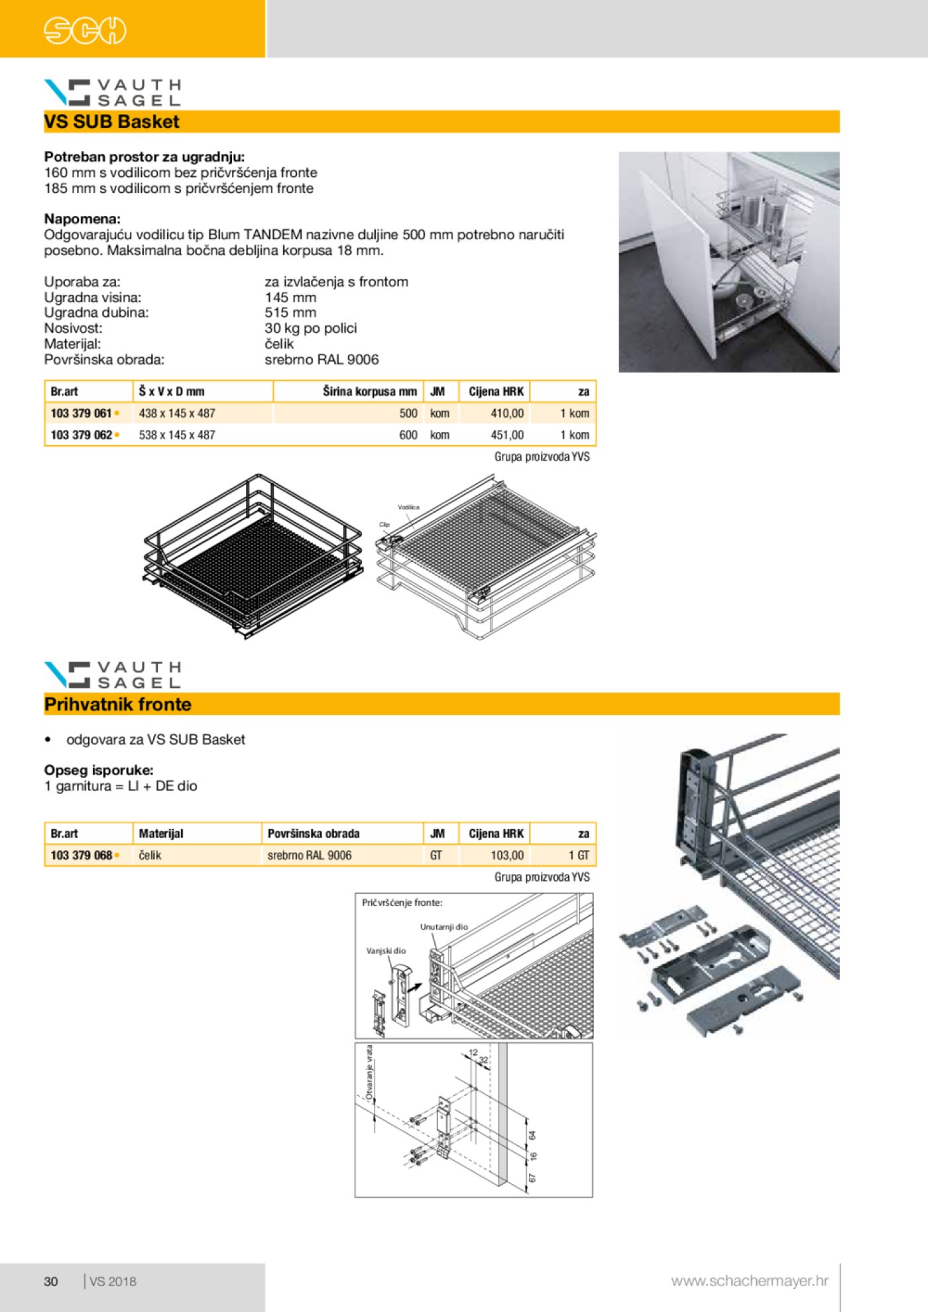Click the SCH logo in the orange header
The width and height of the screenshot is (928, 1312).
coord(85,30)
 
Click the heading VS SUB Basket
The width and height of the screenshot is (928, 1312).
coord(111,122)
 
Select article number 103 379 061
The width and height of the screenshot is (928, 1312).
coord(81,413)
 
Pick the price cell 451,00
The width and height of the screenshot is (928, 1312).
coord(507,435)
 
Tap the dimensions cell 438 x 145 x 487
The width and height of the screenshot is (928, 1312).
coord(177,413)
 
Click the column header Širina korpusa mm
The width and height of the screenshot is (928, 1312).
coord(369,392)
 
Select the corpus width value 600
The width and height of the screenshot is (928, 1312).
coord(408,435)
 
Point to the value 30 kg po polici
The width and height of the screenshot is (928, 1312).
coord(310,328)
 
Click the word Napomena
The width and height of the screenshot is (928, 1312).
coord(82,219)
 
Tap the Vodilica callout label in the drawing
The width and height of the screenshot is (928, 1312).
coord(408,507)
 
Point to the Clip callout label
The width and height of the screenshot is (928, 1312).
coord(384,524)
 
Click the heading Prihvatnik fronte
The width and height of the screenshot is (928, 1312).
coord(117,704)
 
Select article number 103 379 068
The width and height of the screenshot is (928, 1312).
coord(81,855)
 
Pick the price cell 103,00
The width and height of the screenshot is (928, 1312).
coord(507,855)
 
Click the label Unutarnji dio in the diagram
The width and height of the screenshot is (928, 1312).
coord(443,927)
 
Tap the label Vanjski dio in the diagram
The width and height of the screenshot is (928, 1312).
coord(386,951)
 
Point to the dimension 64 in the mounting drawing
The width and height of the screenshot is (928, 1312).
coord(532,1135)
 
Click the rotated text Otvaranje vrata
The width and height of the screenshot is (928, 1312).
coord(369,1073)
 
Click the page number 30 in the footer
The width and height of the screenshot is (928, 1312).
coord(51,1282)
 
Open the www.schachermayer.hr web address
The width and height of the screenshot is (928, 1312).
coord(749,1281)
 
